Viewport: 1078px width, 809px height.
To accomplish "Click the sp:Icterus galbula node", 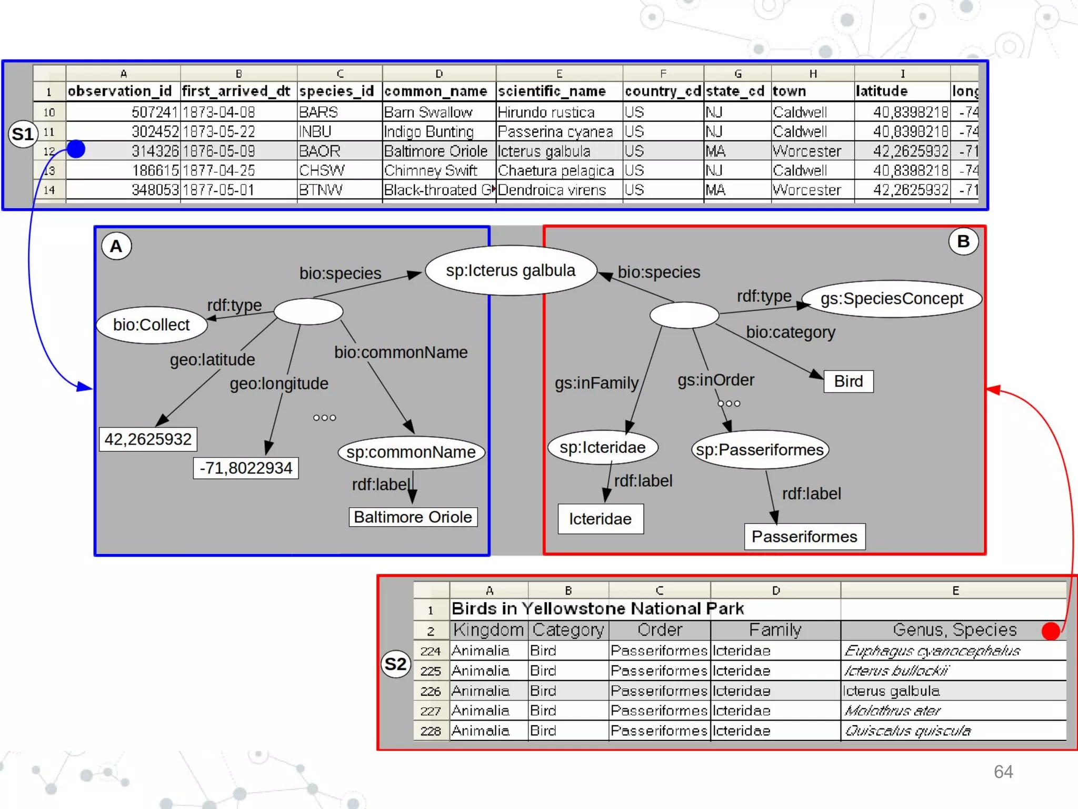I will point(511,271).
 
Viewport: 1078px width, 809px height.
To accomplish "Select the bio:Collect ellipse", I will point(152,325).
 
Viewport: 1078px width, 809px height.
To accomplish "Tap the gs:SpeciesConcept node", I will point(891,299).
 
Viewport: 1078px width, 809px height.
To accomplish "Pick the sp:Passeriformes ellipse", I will point(760,450).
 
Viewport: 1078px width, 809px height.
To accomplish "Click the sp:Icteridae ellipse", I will point(603,448).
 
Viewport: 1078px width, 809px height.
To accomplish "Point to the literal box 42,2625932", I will point(148,439).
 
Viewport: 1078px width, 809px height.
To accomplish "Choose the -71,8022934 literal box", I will point(246,468).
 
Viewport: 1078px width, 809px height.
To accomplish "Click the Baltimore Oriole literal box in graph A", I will point(413,517).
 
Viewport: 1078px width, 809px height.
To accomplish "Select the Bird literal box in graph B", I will point(848,381).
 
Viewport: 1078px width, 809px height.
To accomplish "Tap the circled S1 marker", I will point(23,134).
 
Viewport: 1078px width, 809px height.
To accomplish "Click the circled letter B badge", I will point(963,241).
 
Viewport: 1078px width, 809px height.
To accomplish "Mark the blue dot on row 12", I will point(76,150).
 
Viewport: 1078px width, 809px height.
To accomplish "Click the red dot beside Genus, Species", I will point(1050,631).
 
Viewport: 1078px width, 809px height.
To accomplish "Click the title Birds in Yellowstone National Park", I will point(597,609).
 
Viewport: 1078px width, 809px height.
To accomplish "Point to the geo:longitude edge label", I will point(279,383).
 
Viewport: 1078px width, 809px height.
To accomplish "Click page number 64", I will point(1003,772).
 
